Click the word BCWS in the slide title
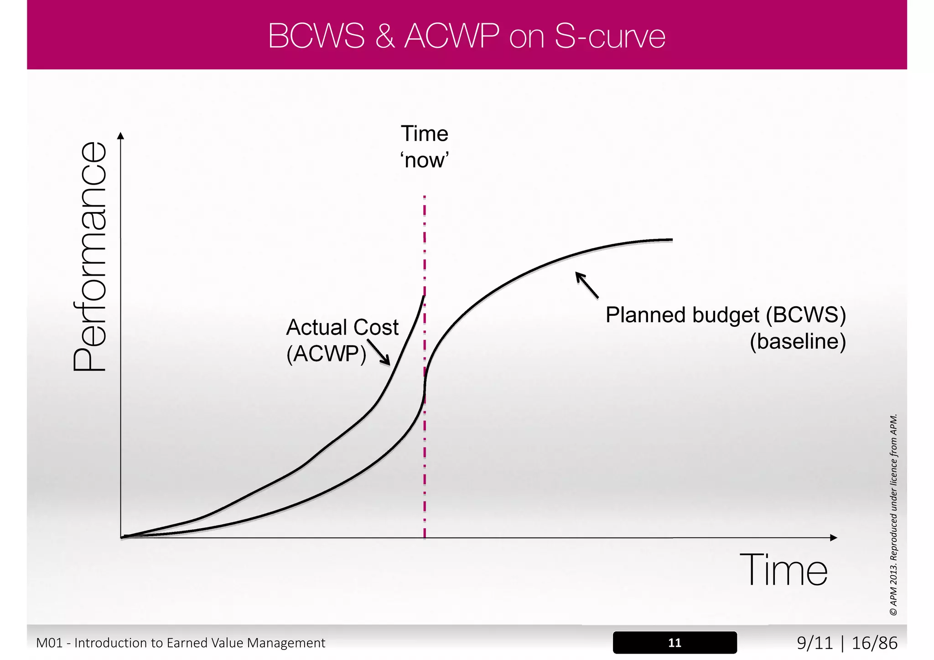(316, 36)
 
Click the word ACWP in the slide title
(451, 36)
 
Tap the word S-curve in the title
(610, 36)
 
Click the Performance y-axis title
(90, 257)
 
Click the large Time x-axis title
(783, 570)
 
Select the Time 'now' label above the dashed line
(425, 147)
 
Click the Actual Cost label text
(342, 327)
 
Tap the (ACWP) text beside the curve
(326, 354)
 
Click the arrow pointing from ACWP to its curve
(379, 352)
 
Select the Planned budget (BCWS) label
(726, 315)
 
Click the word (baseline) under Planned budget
(798, 341)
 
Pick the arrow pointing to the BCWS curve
(586, 285)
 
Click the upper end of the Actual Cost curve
(424, 298)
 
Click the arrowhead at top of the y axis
(120, 136)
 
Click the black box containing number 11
(675, 643)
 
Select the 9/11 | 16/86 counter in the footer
(847, 643)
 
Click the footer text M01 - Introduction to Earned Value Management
(181, 643)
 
